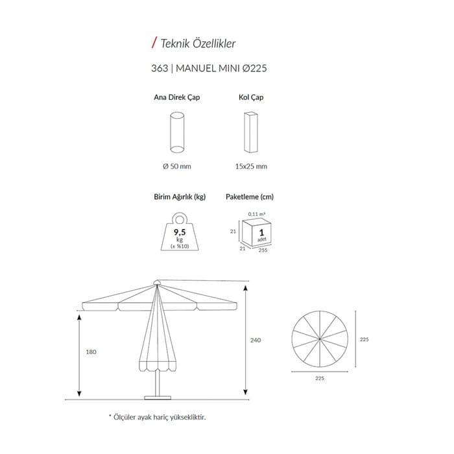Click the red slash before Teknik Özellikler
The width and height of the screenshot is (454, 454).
154,43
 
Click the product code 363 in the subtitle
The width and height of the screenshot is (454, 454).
160,68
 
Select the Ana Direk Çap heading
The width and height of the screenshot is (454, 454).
176,97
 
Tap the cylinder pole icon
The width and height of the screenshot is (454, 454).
177,132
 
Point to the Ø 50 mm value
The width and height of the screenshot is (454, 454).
176,167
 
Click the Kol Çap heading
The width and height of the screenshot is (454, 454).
251,97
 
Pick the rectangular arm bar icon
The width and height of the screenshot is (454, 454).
251,132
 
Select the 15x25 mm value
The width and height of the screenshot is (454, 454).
251,167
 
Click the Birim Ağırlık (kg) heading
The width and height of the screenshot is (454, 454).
180,197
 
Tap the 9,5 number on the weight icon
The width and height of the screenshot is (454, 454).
180,232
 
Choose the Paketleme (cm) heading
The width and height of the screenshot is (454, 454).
250,197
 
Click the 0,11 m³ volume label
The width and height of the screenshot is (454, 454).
256,214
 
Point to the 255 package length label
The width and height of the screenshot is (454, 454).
263,250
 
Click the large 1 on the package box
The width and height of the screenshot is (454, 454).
262,232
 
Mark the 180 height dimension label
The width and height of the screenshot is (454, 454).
91,352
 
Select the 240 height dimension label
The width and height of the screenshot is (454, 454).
256,340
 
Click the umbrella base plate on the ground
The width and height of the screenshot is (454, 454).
158,398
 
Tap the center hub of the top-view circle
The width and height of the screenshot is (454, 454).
320,339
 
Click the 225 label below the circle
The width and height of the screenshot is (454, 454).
320,378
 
